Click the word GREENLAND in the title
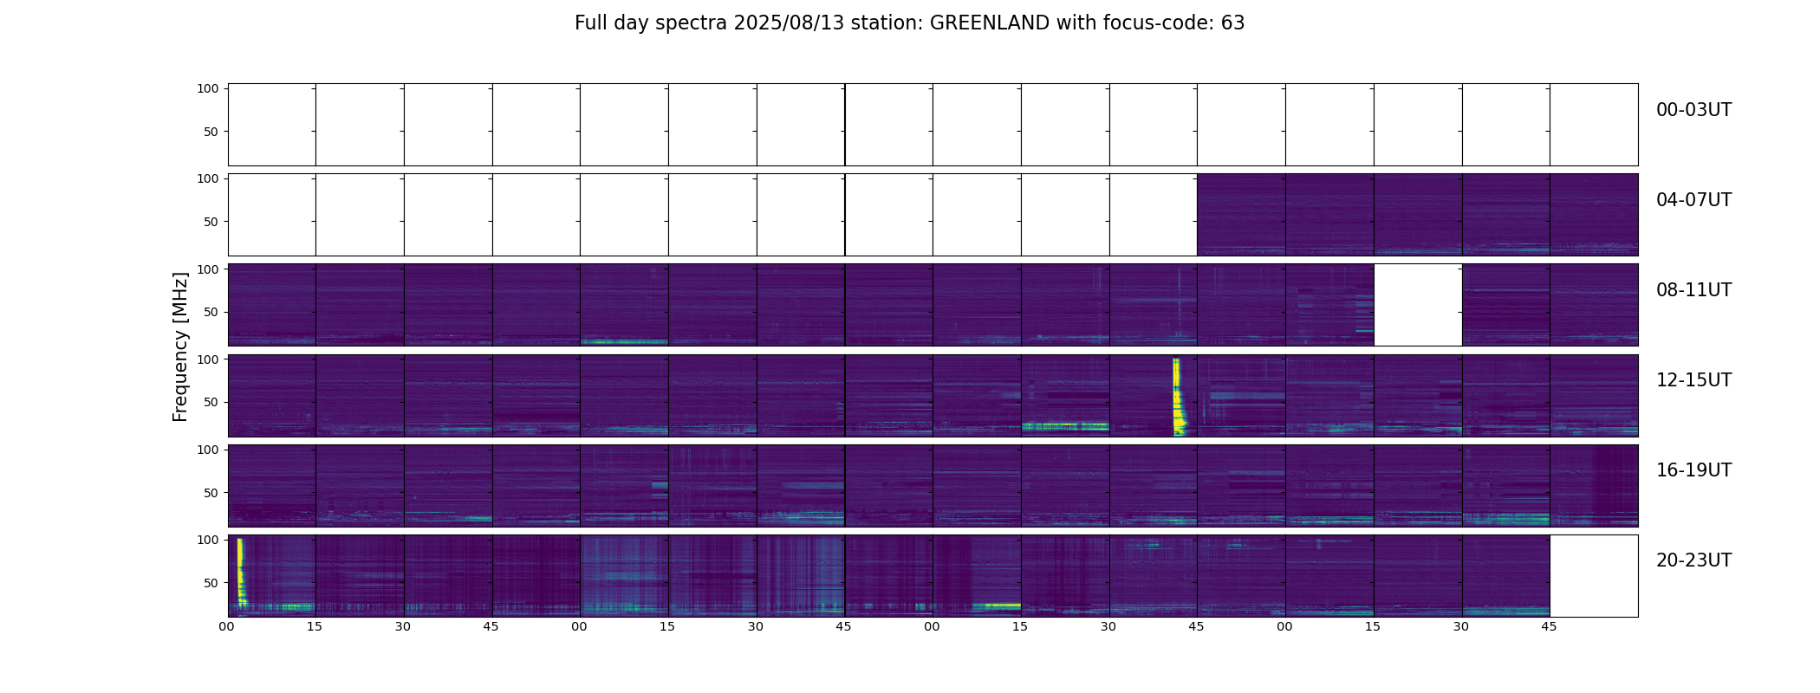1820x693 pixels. tap(990, 23)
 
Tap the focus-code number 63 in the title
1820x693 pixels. tap(1233, 23)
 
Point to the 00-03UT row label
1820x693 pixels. tap(1693, 110)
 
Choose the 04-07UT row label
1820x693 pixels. tap(1693, 200)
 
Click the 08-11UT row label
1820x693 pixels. tap(1693, 290)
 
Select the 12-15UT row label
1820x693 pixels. tap(1693, 380)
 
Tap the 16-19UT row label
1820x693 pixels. tap(1693, 470)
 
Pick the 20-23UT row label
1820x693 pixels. tap(1693, 560)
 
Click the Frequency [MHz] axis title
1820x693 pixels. tap(180, 346)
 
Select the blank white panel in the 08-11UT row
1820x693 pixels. tap(1418, 305)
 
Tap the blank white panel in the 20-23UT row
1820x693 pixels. tap(1594, 576)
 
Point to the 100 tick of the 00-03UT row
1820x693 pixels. tap(208, 88)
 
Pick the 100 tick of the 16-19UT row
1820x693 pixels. tap(208, 450)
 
